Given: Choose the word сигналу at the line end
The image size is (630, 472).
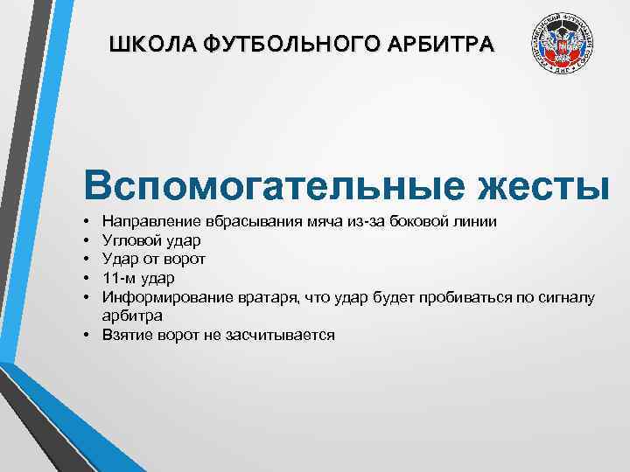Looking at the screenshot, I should point(567,297).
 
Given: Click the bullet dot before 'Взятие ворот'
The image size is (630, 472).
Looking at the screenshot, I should point(91,335).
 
